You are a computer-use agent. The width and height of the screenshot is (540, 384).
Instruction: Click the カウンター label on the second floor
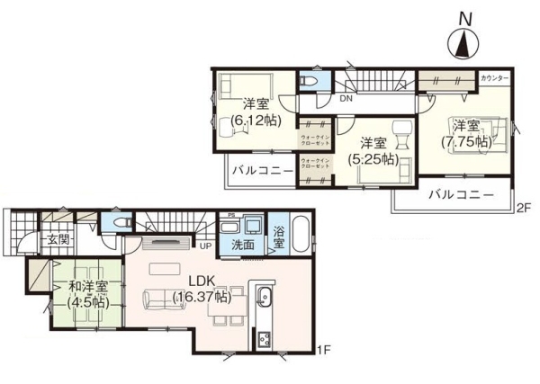[495, 78]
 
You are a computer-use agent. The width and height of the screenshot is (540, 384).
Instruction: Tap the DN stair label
[346, 99]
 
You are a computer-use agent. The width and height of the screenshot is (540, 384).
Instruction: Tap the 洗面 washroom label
[241, 244]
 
